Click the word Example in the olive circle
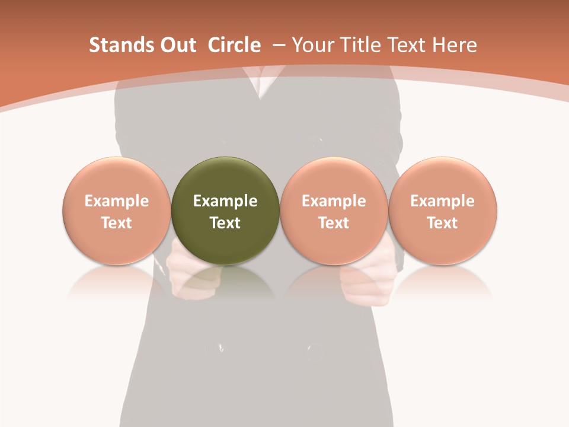pyautogui.click(x=225, y=201)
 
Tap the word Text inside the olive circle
pyautogui.click(x=225, y=223)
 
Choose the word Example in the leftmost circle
pyautogui.click(x=117, y=201)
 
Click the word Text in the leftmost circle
pyautogui.click(x=117, y=223)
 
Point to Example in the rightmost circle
pyautogui.click(x=443, y=201)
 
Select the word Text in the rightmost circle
pyautogui.click(x=443, y=223)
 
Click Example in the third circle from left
pyautogui.click(x=334, y=201)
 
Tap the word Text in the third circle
pyautogui.click(x=334, y=223)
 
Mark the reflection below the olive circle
pyautogui.click(x=225, y=282)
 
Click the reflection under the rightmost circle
pyautogui.click(x=443, y=282)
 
